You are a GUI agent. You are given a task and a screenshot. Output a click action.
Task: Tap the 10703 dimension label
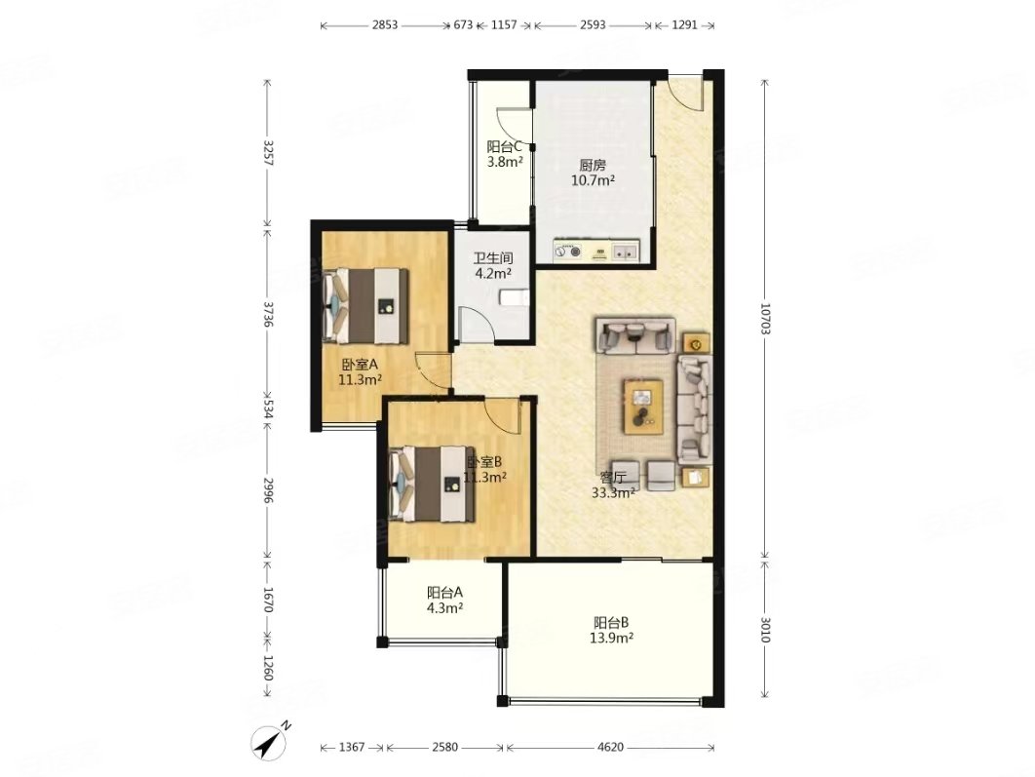[x=765, y=319]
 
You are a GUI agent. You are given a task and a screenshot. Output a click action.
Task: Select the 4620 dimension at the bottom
[x=610, y=748]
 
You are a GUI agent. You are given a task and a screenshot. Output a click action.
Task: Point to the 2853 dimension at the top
[x=385, y=25]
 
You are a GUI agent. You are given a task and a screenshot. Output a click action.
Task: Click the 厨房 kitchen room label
[x=593, y=165]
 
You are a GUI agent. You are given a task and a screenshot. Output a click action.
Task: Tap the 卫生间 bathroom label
[x=493, y=258]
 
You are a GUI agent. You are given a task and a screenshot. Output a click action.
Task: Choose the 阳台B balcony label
[x=611, y=623]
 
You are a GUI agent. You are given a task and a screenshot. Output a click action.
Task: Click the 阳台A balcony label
[x=444, y=593]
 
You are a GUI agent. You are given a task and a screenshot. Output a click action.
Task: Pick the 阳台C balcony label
[x=505, y=146]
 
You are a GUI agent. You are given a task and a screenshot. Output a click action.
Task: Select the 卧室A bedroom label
[x=360, y=365]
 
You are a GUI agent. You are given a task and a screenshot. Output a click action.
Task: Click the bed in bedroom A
[x=365, y=306]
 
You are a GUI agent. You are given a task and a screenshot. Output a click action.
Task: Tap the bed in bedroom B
[x=433, y=484]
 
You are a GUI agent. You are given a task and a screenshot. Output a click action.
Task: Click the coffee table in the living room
[x=643, y=406]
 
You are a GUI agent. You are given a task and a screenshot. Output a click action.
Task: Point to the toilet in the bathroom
[x=514, y=298]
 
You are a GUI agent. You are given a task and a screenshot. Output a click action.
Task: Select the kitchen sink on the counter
[x=625, y=252]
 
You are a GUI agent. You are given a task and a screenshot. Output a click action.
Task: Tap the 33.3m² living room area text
[x=613, y=492]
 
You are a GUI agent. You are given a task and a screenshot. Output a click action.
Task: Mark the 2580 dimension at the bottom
[x=444, y=748]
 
